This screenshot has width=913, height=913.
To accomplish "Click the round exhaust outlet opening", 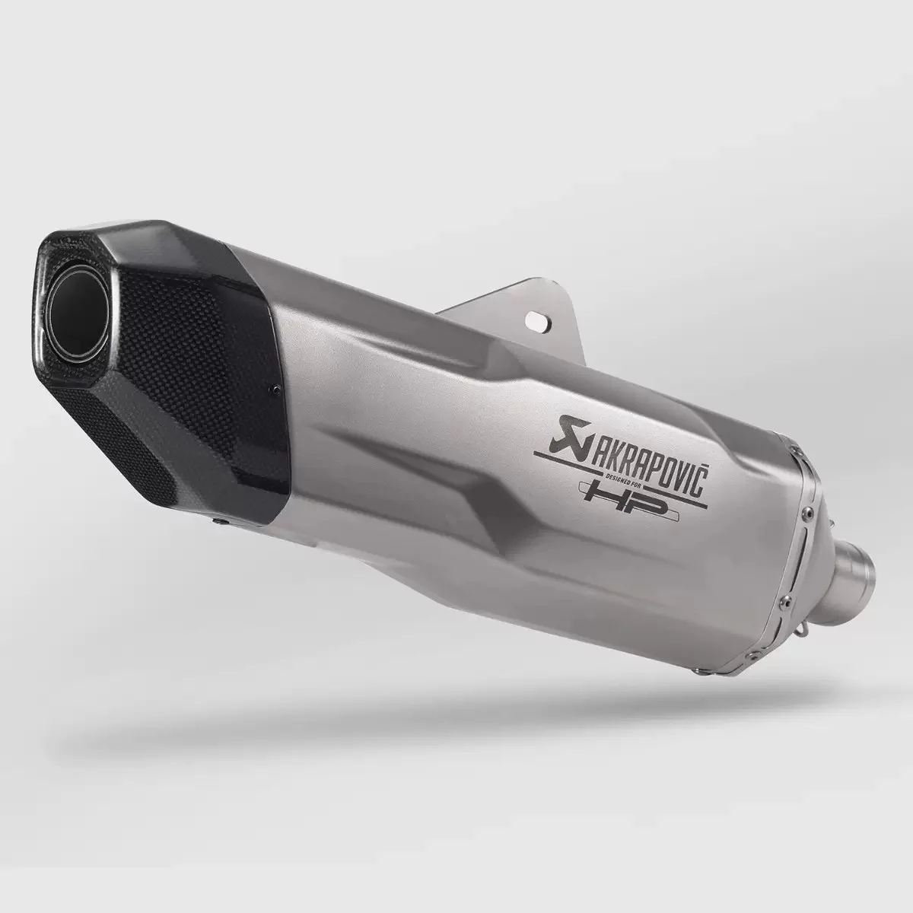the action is coord(78,315).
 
